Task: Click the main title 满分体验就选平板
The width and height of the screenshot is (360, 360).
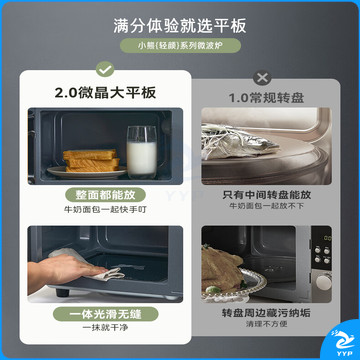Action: click(x=180, y=26)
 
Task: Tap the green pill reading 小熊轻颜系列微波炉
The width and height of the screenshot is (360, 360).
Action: click(x=180, y=46)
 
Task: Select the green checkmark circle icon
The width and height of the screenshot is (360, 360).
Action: click(x=105, y=69)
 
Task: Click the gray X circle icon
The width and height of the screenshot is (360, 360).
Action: click(x=262, y=78)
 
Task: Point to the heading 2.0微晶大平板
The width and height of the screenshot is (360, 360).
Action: click(x=105, y=93)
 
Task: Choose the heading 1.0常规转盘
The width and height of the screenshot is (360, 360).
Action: click(x=266, y=98)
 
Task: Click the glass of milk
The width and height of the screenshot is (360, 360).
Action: click(x=141, y=152)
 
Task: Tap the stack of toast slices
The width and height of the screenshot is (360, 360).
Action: click(x=92, y=160)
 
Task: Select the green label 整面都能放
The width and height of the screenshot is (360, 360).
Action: click(x=105, y=195)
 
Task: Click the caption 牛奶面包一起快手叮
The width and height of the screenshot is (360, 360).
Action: click(x=105, y=210)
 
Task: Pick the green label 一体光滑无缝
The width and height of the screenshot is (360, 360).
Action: click(x=105, y=314)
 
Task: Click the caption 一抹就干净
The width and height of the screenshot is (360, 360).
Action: click(x=105, y=328)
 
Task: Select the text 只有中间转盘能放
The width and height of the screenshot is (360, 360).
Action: click(x=267, y=195)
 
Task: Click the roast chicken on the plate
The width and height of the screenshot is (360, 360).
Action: click(x=222, y=269)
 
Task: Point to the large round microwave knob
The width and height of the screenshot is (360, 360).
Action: click(x=323, y=283)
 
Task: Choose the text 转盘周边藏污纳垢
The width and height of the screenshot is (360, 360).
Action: click(x=267, y=313)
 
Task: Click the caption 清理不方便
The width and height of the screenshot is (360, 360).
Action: click(x=267, y=324)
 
